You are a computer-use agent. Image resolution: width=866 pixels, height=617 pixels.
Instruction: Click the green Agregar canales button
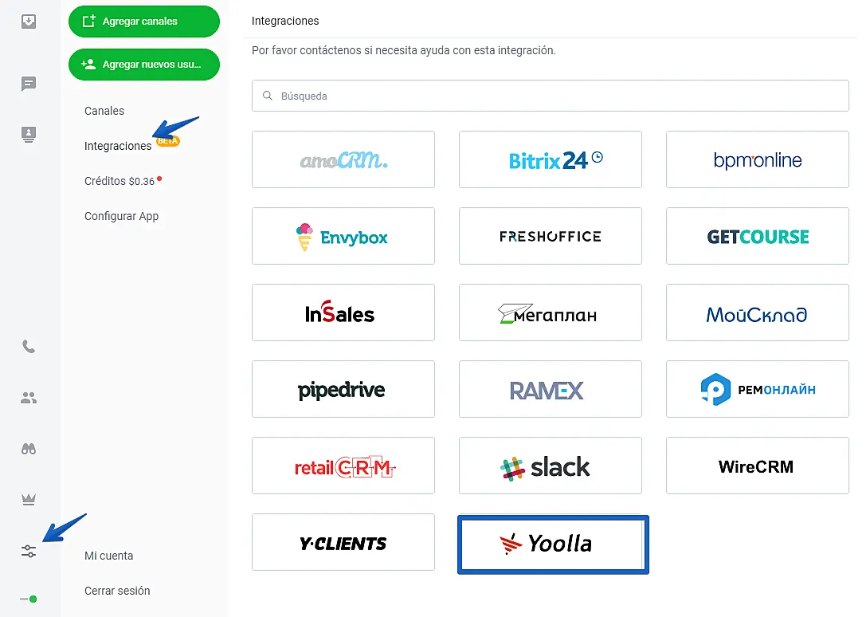point(143,22)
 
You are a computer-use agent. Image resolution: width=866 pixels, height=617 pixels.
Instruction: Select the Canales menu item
point(104,111)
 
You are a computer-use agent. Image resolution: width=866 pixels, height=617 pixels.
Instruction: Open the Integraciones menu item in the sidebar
point(118,146)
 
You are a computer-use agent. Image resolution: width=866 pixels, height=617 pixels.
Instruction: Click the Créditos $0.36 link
point(120,181)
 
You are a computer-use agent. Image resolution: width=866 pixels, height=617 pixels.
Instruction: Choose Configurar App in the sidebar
point(121,216)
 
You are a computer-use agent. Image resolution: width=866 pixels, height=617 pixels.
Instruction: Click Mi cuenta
point(108,556)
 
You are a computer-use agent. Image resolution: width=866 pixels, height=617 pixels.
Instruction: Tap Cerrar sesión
point(117,591)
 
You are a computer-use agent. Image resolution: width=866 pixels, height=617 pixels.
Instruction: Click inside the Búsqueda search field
point(550,96)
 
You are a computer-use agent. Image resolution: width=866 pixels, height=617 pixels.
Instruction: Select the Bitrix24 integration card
point(550,159)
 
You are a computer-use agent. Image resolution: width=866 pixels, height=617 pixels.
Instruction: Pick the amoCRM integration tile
point(343,159)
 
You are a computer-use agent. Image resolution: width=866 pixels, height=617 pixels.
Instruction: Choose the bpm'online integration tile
point(757,159)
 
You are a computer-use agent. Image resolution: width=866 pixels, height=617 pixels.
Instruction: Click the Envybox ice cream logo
point(304,237)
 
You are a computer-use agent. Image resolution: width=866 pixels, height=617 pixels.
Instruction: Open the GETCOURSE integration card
point(757,236)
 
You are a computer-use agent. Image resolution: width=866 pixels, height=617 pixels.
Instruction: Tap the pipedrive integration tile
point(343,389)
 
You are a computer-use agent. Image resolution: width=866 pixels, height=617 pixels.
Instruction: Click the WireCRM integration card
point(757,466)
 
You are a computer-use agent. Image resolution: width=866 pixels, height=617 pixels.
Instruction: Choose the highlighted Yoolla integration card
point(553,544)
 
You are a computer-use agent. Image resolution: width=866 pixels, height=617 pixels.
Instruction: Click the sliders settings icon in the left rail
point(29,551)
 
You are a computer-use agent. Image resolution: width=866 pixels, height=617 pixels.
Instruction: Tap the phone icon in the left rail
point(29,347)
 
